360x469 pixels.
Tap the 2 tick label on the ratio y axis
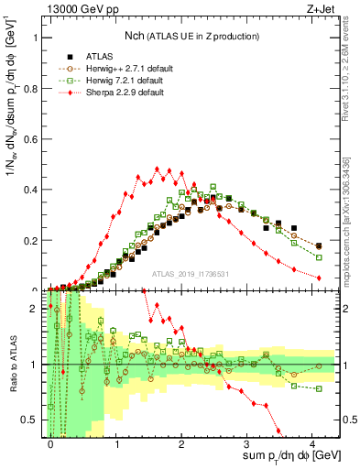[35, 309]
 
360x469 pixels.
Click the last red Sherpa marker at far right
[319, 278]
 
